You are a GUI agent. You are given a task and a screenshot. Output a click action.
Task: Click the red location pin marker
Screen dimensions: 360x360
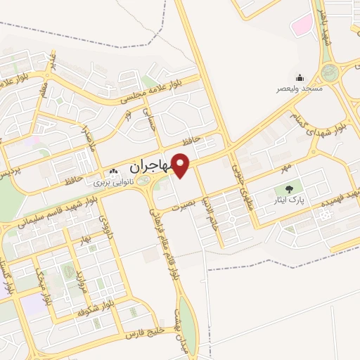click(181, 166)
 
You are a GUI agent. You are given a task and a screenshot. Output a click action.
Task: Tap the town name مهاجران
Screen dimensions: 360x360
click(149, 167)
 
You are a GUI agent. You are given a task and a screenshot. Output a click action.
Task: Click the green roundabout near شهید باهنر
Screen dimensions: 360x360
click(328, 72)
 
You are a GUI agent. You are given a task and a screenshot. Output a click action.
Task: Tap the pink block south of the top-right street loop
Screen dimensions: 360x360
click(302, 27)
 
